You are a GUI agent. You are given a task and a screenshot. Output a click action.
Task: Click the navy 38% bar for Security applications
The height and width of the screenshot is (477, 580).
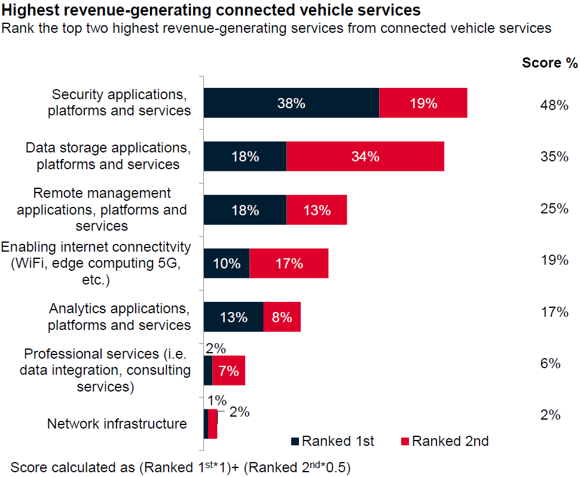pyautogui.click(x=291, y=103)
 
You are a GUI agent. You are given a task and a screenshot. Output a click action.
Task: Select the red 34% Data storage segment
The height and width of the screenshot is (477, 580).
pyautogui.click(x=365, y=157)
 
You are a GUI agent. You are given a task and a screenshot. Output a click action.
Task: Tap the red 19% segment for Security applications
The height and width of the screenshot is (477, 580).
pyautogui.click(x=423, y=103)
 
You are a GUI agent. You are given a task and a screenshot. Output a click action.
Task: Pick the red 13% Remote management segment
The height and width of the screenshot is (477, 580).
pyautogui.click(x=316, y=210)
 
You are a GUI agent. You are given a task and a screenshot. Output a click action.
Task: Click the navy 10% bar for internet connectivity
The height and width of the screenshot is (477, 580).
pyautogui.click(x=227, y=263)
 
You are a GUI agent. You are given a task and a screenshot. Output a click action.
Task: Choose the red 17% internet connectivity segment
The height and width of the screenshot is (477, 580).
pyautogui.click(x=289, y=263)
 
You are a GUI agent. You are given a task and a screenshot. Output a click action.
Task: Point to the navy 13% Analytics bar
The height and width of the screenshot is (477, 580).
pyautogui.click(x=233, y=317)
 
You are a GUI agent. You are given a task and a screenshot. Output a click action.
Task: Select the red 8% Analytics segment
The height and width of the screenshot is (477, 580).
pyautogui.click(x=282, y=317)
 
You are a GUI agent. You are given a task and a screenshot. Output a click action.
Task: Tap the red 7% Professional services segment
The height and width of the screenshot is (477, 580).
pyautogui.click(x=228, y=371)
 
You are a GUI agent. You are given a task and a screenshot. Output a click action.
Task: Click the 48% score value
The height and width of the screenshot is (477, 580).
pyautogui.click(x=553, y=105)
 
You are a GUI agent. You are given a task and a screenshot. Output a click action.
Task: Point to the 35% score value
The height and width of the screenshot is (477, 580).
pyautogui.click(x=553, y=157)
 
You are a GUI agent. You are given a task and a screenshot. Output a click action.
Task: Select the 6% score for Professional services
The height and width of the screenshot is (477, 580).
pyautogui.click(x=550, y=363)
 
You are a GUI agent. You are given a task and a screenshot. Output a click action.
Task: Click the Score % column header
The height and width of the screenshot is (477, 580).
pyautogui.click(x=550, y=63)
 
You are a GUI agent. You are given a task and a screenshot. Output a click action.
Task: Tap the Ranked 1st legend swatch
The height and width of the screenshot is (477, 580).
pyautogui.click(x=295, y=442)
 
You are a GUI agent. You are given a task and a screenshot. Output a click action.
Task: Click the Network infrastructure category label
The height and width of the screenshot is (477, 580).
pyautogui.click(x=117, y=424)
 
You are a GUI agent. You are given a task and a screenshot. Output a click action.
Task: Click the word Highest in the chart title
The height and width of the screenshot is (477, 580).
pyautogui.click(x=30, y=10)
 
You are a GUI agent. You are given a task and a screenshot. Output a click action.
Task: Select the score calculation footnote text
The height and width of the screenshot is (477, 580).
pyautogui.click(x=180, y=467)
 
